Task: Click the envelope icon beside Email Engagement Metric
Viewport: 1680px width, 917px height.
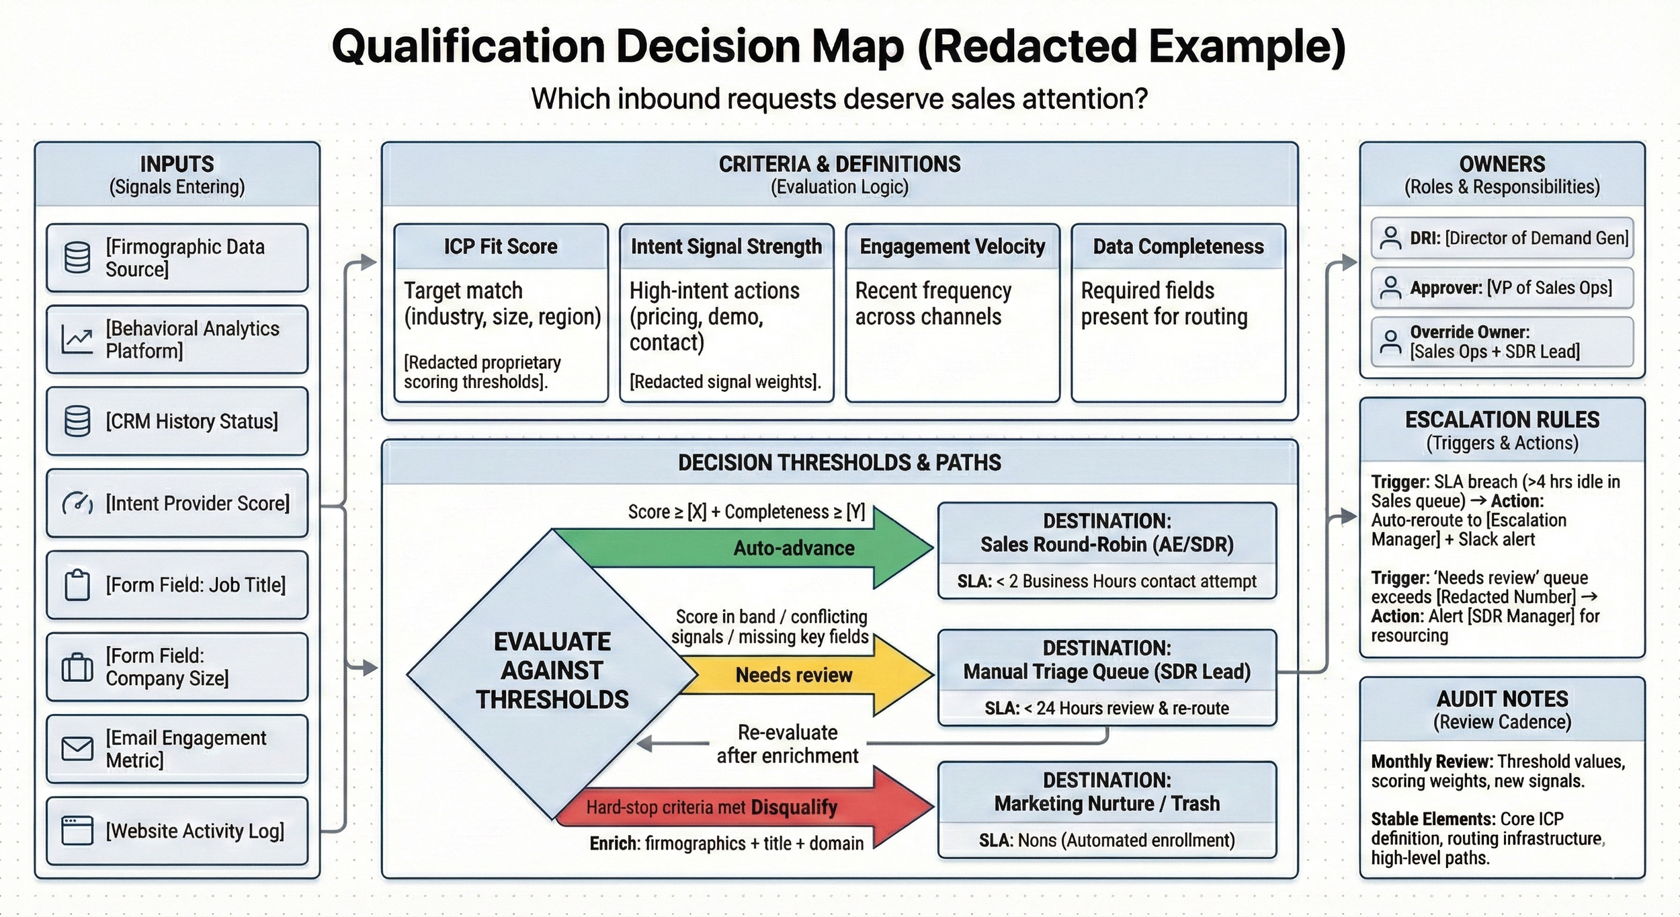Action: (77, 748)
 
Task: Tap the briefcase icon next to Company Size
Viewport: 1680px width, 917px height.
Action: (77, 667)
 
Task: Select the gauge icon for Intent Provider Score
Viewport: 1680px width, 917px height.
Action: (77, 503)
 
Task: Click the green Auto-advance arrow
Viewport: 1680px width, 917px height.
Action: (793, 548)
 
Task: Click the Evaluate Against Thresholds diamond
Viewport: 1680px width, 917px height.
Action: (552, 671)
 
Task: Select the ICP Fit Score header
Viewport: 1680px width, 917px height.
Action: (501, 247)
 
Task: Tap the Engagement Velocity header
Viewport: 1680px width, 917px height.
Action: (952, 247)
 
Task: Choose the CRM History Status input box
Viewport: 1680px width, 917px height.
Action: (177, 422)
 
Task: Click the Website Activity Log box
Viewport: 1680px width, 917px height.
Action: (177, 831)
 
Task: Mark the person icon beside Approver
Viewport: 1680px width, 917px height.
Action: (1390, 288)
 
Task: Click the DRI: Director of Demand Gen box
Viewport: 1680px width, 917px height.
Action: (1502, 238)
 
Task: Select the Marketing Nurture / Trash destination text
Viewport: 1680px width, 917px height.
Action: (1107, 803)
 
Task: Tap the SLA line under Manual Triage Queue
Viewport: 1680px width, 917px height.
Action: (1107, 708)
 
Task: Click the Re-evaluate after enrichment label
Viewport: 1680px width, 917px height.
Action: (788, 744)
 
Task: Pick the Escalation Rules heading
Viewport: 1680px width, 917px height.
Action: (1502, 420)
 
